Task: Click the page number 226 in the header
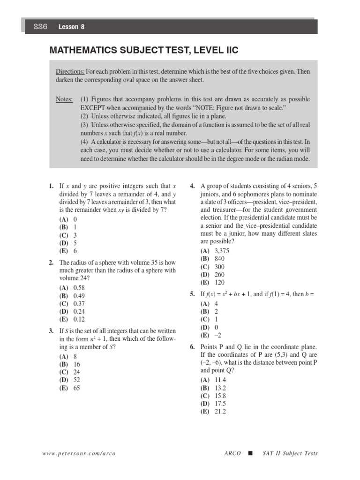pyautogui.click(x=40, y=27)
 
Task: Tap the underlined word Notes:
pyautogui.click(x=64, y=99)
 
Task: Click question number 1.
pyautogui.click(x=51, y=186)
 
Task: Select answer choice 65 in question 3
pyautogui.click(x=77, y=388)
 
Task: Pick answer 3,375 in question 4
pyautogui.click(x=223, y=250)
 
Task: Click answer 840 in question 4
pyautogui.click(x=219, y=258)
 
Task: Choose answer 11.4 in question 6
pyautogui.click(x=220, y=380)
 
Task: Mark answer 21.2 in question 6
pyautogui.click(x=220, y=411)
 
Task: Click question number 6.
pyautogui.click(x=192, y=347)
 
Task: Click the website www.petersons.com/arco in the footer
pyautogui.click(x=79, y=453)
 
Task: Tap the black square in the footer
pyautogui.click(x=250, y=453)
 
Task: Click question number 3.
pyautogui.click(x=51, y=331)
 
